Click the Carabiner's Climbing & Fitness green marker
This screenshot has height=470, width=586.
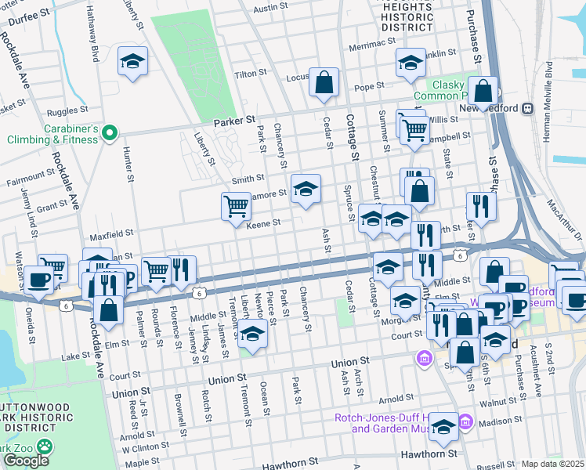[110, 132]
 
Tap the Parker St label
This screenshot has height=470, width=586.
[235, 122]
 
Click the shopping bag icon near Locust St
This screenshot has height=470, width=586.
[324, 82]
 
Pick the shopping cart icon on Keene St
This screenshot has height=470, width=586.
[236, 208]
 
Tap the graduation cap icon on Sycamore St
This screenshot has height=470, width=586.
[306, 189]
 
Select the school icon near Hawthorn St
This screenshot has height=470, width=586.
[443, 427]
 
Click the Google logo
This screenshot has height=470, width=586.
[26, 460]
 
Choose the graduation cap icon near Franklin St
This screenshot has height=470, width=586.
[410, 63]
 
